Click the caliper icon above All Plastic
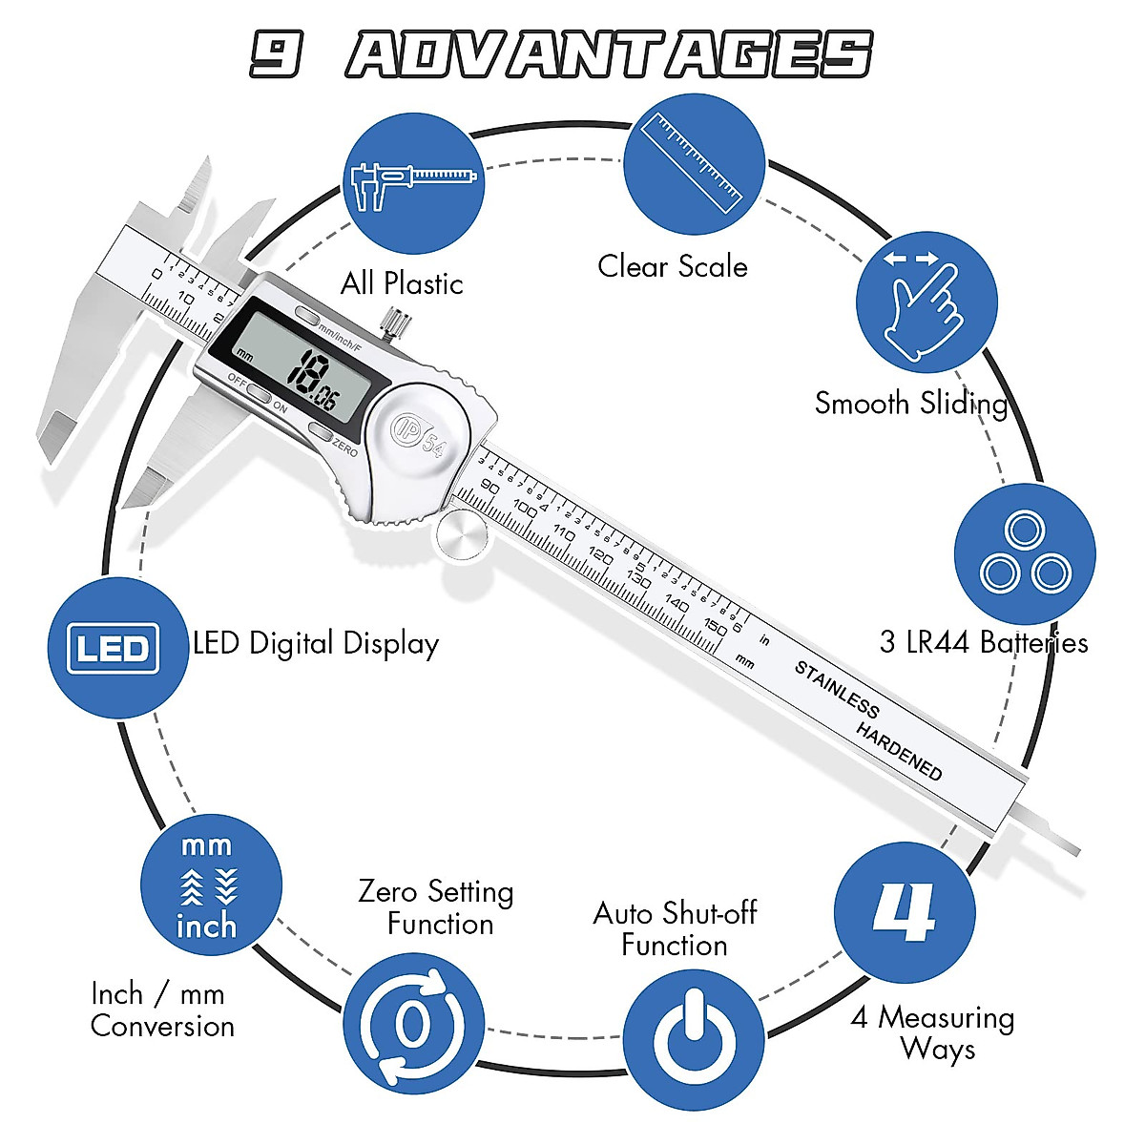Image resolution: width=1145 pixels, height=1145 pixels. click(412, 184)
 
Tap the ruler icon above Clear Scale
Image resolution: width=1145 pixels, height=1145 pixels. click(694, 163)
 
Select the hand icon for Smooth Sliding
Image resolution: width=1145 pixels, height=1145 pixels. click(926, 302)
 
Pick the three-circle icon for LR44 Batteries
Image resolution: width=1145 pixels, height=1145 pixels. click(1025, 554)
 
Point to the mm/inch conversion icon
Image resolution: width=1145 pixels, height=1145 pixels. click(209, 885)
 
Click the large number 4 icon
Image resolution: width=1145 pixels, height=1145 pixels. click(905, 913)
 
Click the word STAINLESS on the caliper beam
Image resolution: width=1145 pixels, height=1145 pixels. click(837, 689)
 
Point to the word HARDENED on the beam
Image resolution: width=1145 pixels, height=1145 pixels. click(899, 751)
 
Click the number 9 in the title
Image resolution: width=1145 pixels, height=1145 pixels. click(277, 53)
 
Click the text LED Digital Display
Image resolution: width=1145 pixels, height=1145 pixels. click(316, 644)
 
